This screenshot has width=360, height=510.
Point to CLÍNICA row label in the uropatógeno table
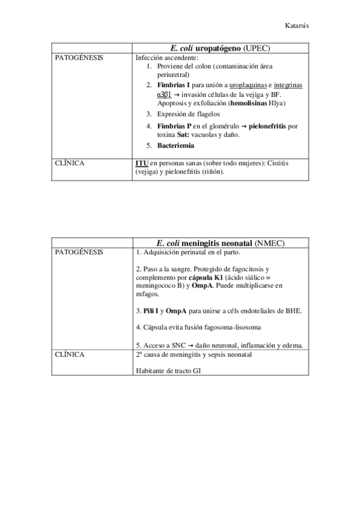(69, 162)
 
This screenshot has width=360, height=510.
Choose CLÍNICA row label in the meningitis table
(69, 355)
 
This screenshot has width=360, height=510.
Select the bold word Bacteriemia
(175, 146)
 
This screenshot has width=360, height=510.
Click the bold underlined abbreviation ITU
(142, 163)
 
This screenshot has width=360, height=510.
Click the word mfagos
(147, 295)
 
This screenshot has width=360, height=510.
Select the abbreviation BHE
(293, 312)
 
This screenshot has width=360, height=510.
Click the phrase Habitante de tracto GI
(168, 370)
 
